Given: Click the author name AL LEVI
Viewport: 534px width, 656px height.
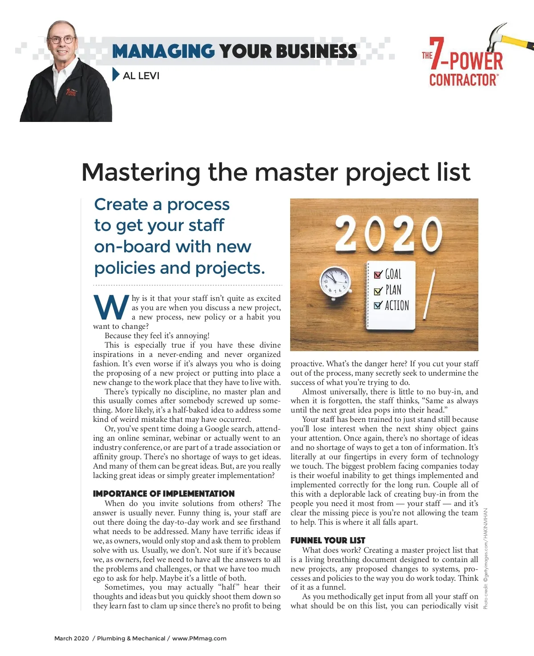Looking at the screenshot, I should coord(141,76).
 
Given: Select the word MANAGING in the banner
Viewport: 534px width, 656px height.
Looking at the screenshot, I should coord(163,52).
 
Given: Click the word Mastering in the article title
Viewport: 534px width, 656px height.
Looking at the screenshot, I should coord(141,172).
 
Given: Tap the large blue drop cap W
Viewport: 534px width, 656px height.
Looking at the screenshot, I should coord(111,308).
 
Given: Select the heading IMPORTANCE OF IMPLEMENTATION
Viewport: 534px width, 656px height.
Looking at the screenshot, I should coord(163,494).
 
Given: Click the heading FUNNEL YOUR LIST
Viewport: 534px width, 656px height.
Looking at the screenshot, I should coord(328,540).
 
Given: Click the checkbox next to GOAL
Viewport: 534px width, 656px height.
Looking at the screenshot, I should coord(378,275).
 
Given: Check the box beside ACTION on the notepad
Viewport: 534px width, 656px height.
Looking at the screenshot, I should coord(378,305).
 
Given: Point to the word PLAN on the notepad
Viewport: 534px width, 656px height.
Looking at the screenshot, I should coord(393,290).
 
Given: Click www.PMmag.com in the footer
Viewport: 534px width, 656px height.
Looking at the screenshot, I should coord(199,638).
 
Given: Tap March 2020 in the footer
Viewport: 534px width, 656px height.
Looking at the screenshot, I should coord(71,638).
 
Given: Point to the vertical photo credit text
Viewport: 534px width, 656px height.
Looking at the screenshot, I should coord(485,559).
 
